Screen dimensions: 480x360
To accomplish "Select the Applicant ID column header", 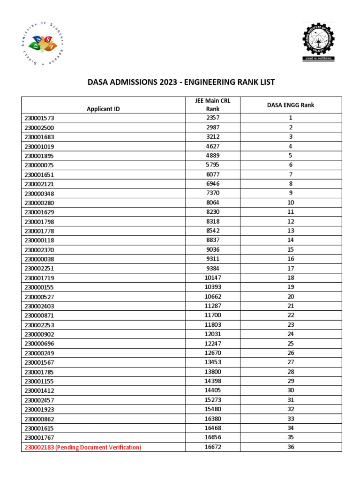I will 103,109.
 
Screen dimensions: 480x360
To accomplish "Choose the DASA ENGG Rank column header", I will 291,105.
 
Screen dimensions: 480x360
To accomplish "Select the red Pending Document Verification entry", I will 82,447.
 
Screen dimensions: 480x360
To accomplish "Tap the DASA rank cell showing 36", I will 291,447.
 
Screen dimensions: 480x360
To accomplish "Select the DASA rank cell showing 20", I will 291,296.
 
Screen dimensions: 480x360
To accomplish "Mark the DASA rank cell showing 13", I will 291,230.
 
